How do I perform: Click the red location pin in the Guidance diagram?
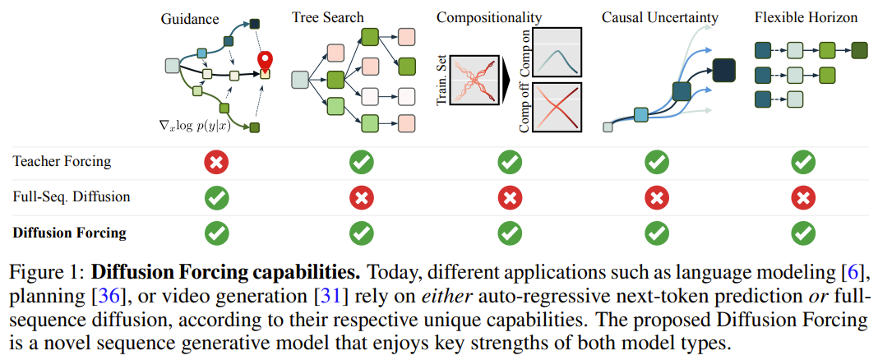[x=265, y=61]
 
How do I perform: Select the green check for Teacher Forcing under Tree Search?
[x=361, y=164]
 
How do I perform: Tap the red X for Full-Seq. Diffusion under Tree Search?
[x=361, y=198]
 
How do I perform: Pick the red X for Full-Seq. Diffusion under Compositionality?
[x=510, y=198]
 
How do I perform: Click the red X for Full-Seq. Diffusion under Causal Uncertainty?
[x=656, y=198]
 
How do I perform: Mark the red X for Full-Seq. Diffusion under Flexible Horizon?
[x=803, y=198]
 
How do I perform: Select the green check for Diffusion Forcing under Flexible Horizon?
[x=803, y=233]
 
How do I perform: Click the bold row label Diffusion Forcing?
[x=70, y=233]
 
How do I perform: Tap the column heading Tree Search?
[x=328, y=17]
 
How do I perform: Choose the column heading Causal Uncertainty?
[x=660, y=17]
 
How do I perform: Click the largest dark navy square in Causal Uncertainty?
[x=723, y=71]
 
